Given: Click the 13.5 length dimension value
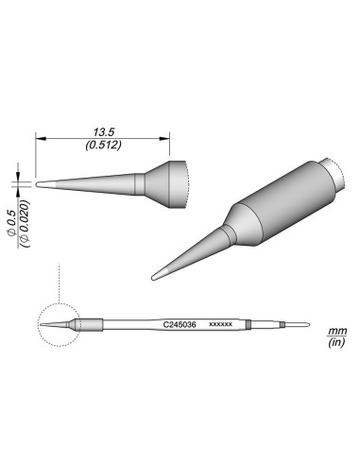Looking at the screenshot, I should click(x=104, y=134).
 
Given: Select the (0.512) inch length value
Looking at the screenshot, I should click(x=104, y=147).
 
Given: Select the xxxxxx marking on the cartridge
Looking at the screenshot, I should click(x=220, y=323).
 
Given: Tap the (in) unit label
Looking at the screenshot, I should click(x=334, y=345).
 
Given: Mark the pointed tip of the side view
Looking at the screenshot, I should click(x=38, y=183).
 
